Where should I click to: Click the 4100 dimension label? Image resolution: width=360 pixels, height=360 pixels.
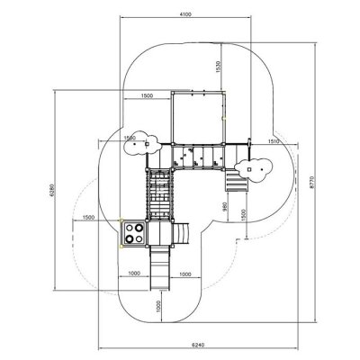(185, 14)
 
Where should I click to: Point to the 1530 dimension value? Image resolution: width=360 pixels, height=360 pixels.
(218, 67)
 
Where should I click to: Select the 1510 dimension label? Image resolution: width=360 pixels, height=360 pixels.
(274, 141)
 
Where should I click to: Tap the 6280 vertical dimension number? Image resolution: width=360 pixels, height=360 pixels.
(51, 190)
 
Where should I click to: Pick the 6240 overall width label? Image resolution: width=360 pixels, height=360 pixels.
(198, 345)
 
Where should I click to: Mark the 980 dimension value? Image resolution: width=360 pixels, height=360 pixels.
(225, 206)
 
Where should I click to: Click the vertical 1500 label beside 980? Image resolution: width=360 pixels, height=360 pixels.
(243, 215)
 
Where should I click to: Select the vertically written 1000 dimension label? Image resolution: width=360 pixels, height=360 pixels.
(158, 306)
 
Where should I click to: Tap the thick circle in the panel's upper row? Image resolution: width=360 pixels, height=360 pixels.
(139, 228)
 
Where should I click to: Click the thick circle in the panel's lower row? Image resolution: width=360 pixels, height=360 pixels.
(130, 238)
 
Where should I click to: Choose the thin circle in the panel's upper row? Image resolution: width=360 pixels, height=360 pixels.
(130, 228)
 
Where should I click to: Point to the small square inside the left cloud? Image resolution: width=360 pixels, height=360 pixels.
(147, 144)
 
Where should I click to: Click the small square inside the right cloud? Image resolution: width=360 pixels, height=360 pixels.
(249, 169)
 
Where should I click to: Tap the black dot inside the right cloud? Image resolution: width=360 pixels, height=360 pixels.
(262, 169)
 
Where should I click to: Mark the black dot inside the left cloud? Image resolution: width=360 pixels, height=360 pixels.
(135, 144)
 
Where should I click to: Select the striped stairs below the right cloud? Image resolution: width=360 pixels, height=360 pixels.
(237, 180)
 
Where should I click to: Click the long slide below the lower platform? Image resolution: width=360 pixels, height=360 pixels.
(160, 268)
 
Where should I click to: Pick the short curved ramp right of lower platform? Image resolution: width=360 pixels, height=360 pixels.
(181, 234)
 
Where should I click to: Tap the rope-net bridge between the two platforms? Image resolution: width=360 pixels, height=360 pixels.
(159, 195)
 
